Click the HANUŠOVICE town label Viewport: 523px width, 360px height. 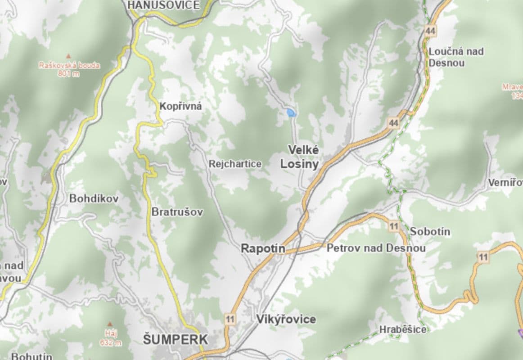[x=163, y=5]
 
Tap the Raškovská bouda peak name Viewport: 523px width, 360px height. [x=69, y=65]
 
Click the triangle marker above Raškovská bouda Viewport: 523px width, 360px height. [x=69, y=56]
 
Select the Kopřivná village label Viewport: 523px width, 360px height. [x=180, y=107]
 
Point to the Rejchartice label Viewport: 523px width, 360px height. [x=234, y=164]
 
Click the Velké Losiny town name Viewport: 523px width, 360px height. [x=299, y=157]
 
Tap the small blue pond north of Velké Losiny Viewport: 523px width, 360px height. [x=291, y=112]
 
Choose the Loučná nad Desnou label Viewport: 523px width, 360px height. [x=456, y=57]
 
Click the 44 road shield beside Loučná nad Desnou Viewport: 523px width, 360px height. [x=430, y=31]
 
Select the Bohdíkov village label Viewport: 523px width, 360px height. [x=94, y=198]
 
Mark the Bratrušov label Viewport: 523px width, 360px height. [x=177, y=211]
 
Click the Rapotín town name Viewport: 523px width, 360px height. [x=263, y=248]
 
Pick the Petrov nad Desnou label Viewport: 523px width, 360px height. [x=376, y=248]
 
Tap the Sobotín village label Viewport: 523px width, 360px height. [x=430, y=232]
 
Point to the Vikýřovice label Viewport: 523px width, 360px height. [x=286, y=319]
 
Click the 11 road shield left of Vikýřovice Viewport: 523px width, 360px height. [x=230, y=319]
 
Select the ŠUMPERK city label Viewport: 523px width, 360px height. [x=176, y=339]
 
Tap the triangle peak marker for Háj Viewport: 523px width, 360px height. [x=110, y=324]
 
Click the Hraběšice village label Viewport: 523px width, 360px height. [x=402, y=330]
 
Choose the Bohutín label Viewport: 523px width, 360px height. [x=32, y=356]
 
